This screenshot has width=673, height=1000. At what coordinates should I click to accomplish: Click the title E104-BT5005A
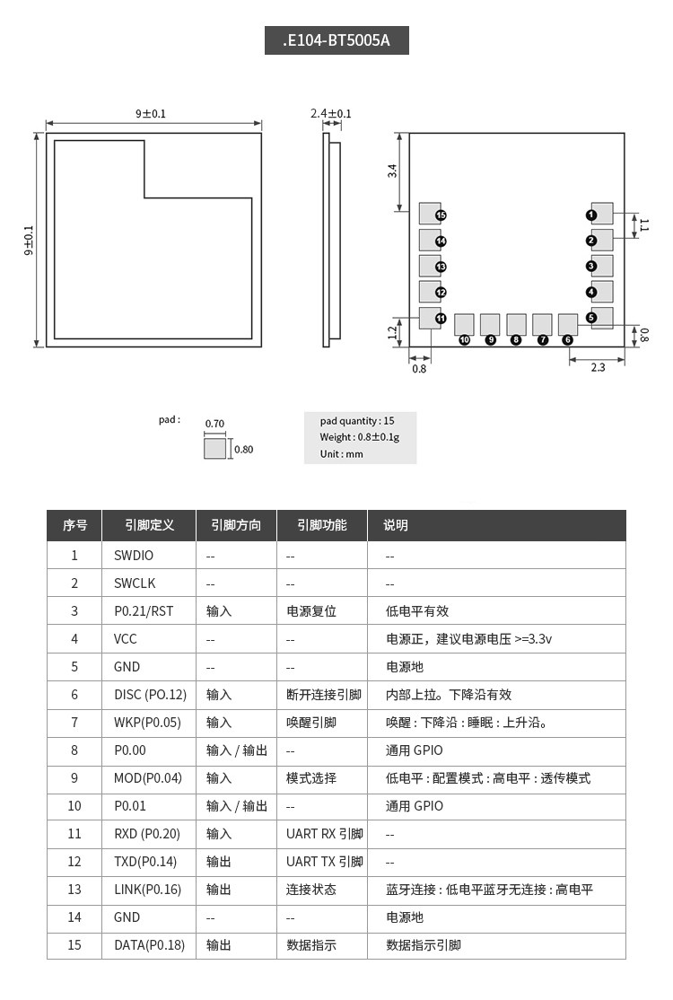[x=336, y=41]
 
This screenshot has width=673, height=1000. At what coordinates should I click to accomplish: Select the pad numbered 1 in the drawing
[x=601, y=214]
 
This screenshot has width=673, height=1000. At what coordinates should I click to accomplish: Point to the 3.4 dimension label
[x=392, y=171]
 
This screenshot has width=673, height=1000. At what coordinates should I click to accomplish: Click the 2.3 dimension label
[x=598, y=367]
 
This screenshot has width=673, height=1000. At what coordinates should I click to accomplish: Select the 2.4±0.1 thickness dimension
[x=331, y=114]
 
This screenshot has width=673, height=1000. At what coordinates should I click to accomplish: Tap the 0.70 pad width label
[x=214, y=424]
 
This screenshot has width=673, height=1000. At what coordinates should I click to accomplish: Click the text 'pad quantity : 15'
[x=356, y=420]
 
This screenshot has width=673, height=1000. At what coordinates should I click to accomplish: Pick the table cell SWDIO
[x=134, y=556]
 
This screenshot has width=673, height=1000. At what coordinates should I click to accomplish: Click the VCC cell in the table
[x=126, y=639]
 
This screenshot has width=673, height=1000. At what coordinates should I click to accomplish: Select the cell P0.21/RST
[x=143, y=611]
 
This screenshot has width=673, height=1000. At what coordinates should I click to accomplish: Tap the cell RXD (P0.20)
[x=147, y=834]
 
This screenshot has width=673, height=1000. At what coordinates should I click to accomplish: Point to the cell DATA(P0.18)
[x=149, y=945]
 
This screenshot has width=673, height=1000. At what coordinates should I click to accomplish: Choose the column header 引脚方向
[x=236, y=525]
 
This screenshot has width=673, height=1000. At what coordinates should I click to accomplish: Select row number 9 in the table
[x=74, y=778]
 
